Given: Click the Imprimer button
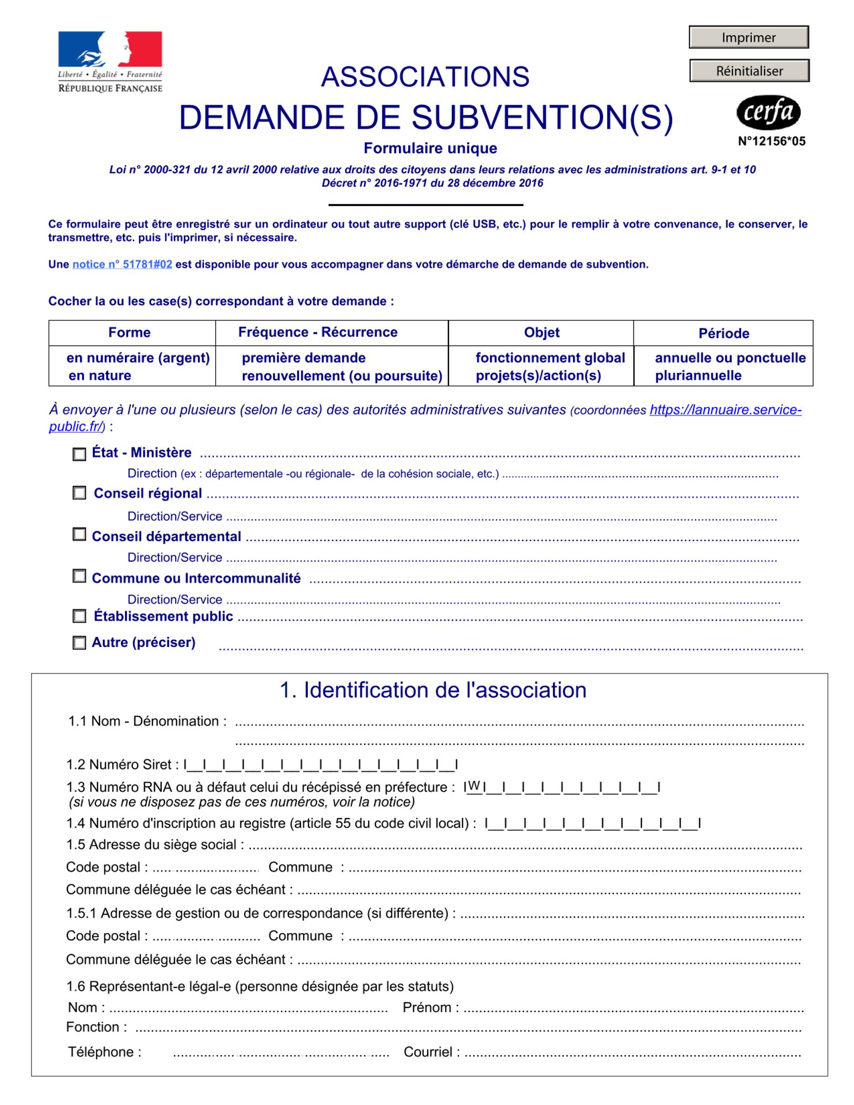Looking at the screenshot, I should pyautogui.click(x=748, y=38).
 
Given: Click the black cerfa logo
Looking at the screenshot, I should pyautogui.click(x=768, y=113).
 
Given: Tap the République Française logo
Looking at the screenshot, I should pyautogui.click(x=110, y=62).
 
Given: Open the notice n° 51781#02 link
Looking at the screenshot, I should pyautogui.click(x=122, y=265).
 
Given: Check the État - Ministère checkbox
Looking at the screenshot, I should pyautogui.click(x=80, y=454).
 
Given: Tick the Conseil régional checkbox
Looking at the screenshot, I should pyautogui.click(x=80, y=493).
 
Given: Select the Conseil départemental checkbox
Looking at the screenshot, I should pyautogui.click(x=80, y=534).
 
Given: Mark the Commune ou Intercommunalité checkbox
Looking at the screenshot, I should pyautogui.click(x=80, y=576).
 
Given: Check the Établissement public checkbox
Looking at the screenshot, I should pyautogui.click(x=80, y=616).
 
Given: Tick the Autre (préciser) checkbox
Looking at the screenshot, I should pyautogui.click(x=80, y=643).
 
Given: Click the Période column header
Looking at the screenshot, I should pyautogui.click(x=723, y=333).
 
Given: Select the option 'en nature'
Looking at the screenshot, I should pyautogui.click(x=99, y=376).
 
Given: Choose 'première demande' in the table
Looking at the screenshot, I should pyautogui.click(x=303, y=358).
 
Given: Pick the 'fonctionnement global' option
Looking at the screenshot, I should pyautogui.click(x=550, y=358).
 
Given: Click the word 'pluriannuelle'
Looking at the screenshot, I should pyautogui.click(x=698, y=376).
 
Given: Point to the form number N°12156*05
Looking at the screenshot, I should pyautogui.click(x=771, y=141).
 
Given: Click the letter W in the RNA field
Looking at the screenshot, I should pyautogui.click(x=473, y=786).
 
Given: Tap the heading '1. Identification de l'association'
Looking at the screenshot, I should pyautogui.click(x=433, y=690).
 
